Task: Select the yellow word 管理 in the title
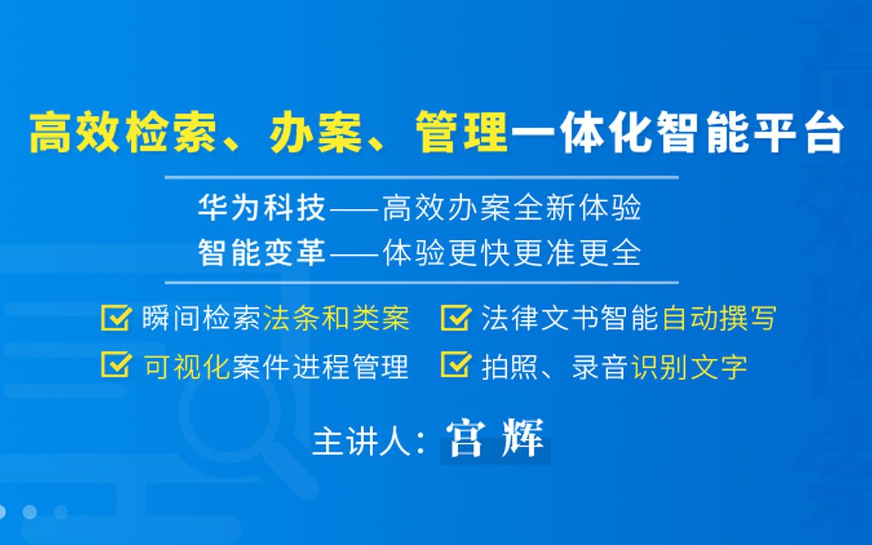coord(462,133)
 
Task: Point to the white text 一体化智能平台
coord(677,133)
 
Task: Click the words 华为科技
coord(261,207)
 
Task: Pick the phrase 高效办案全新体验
coord(512,207)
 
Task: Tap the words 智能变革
coord(261,252)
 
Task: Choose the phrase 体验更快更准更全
coord(512,252)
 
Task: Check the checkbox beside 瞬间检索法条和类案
coord(115,319)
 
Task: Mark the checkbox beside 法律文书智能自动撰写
coord(455,319)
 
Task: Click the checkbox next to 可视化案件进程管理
coord(115,366)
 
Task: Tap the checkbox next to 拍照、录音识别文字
coord(455,366)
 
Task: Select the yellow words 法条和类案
coord(336,319)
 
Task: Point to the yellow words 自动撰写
coord(719,319)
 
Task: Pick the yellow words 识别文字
coord(689,366)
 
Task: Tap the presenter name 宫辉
coord(495,439)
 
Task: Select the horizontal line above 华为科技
coord(421,178)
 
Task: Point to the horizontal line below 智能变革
coord(421,282)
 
